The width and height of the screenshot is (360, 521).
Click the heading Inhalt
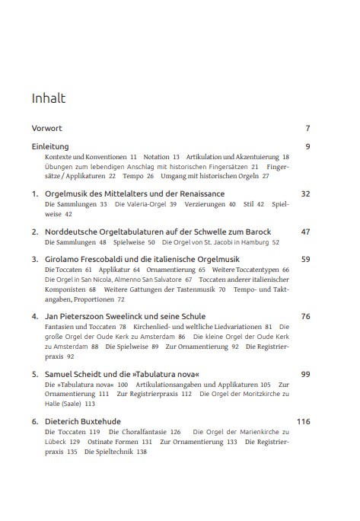pyautogui.click(x=48, y=98)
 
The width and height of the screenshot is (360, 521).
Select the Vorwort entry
pyautogui.click(x=46, y=128)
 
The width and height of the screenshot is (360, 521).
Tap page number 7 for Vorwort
pyautogui.click(x=307, y=128)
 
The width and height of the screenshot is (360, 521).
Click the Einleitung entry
pyautogui.click(x=50, y=145)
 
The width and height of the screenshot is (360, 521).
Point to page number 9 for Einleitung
pyautogui.click(x=307, y=145)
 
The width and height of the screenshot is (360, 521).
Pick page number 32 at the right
pyautogui.click(x=305, y=194)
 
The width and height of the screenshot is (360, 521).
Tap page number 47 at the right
pyautogui.click(x=305, y=231)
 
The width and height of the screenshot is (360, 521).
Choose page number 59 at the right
pyautogui.click(x=305, y=259)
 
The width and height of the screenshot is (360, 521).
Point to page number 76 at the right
pyautogui.click(x=305, y=315)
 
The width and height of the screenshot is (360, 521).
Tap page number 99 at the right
pyautogui.click(x=305, y=374)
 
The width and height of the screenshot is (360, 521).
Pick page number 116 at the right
pyautogui.click(x=303, y=420)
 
